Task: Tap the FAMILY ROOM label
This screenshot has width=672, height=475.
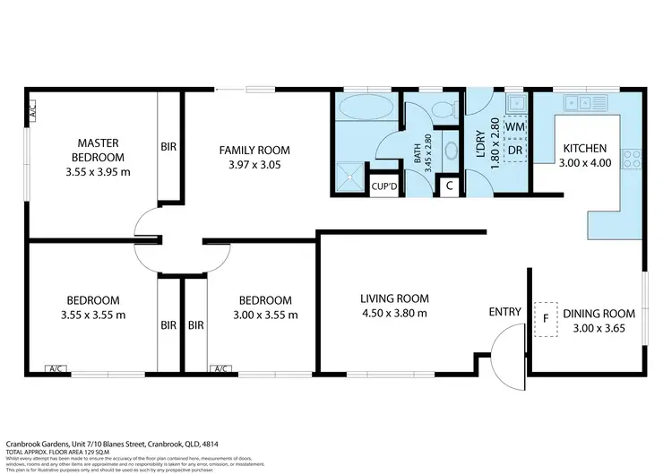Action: [254, 150]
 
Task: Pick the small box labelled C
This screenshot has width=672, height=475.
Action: [448, 186]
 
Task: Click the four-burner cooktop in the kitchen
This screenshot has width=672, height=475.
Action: [633, 159]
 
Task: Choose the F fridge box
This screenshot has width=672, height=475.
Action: [545, 317]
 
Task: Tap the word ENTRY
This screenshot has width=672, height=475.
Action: [504, 312]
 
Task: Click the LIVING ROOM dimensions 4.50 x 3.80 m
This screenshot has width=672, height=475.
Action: [394, 313]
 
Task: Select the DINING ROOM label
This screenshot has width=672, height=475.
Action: [599, 314]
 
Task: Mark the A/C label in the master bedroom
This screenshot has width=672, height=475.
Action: [30, 111]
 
